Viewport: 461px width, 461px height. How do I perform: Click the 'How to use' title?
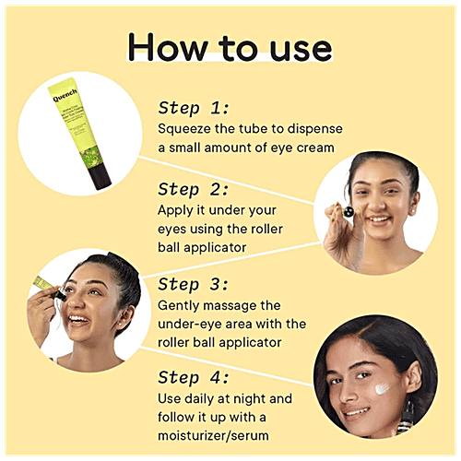[x=230, y=48]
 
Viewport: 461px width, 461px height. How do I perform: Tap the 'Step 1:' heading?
[x=194, y=108]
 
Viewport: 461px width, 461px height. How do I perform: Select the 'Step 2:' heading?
[x=194, y=189]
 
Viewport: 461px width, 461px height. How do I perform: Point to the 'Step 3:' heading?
[x=194, y=284]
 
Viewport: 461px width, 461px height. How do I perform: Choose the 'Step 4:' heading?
[x=194, y=377]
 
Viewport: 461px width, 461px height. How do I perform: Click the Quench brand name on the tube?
[x=65, y=95]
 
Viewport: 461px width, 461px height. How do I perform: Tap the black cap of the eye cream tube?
[x=100, y=177]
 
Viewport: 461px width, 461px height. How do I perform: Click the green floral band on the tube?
[x=89, y=158]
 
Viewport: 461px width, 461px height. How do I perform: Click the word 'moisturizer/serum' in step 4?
[x=213, y=436]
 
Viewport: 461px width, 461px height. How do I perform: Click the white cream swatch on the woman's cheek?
[x=382, y=389]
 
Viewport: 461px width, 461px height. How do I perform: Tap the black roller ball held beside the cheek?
[x=349, y=211]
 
